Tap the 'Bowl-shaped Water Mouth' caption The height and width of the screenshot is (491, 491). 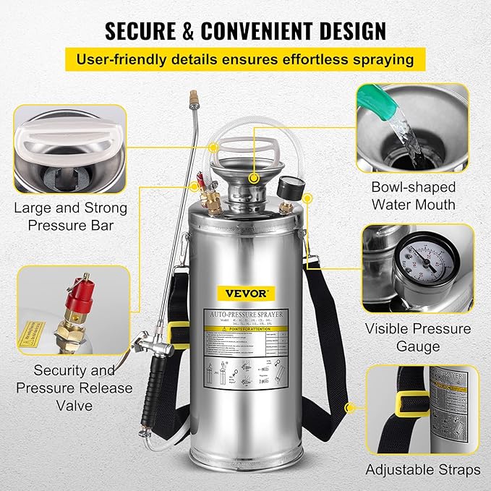click(413, 195)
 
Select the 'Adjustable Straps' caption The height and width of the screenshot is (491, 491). click(422, 469)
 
